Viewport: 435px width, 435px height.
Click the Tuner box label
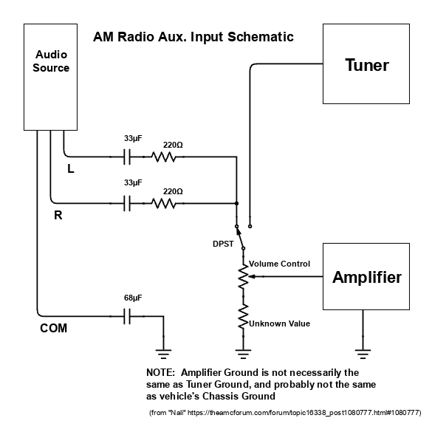tap(367, 65)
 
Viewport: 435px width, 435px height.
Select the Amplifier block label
tap(367, 277)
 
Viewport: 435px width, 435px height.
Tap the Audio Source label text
tap(51, 61)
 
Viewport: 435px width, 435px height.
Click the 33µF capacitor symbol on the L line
tap(127, 157)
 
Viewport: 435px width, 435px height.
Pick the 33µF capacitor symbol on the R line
tap(127, 203)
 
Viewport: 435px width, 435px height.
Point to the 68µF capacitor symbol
tap(127, 316)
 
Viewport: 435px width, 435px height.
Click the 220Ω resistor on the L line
tap(164, 157)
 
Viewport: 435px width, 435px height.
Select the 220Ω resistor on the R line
tap(164, 204)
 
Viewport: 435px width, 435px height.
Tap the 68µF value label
tap(133, 298)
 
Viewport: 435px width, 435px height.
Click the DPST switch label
tap(223, 244)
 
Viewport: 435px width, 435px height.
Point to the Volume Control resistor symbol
tap(243, 277)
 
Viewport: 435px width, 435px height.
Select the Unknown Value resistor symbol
tap(243, 317)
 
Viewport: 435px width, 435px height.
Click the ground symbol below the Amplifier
tap(363, 354)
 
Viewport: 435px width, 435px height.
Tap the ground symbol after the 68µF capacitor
tap(163, 354)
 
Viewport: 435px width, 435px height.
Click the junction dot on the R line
tap(236, 203)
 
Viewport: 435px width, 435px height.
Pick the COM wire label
tap(53, 328)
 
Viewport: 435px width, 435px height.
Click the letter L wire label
tap(71, 168)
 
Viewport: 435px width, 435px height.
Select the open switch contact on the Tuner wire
tap(250, 227)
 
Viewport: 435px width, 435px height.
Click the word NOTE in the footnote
tap(160, 372)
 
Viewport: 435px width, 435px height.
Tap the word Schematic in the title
tap(261, 37)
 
